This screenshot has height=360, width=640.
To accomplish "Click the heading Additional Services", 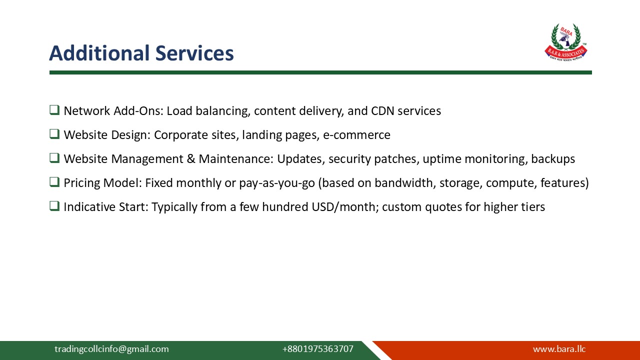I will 141,53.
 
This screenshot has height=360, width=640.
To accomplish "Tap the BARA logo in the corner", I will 565,42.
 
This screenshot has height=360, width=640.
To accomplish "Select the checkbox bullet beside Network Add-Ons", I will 54,110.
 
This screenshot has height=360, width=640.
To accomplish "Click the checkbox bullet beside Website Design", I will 54,134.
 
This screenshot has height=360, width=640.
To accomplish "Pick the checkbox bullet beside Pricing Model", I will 54,182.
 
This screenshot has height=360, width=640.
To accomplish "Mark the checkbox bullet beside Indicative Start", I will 54,206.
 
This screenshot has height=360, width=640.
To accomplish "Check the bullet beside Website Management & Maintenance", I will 54,158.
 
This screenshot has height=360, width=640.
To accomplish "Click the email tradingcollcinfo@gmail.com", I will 111,349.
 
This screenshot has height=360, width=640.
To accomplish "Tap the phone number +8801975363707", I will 317,349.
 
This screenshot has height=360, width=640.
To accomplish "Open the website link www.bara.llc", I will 559,349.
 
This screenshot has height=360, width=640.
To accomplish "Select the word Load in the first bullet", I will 176,111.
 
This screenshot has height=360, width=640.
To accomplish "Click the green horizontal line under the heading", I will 320,72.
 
